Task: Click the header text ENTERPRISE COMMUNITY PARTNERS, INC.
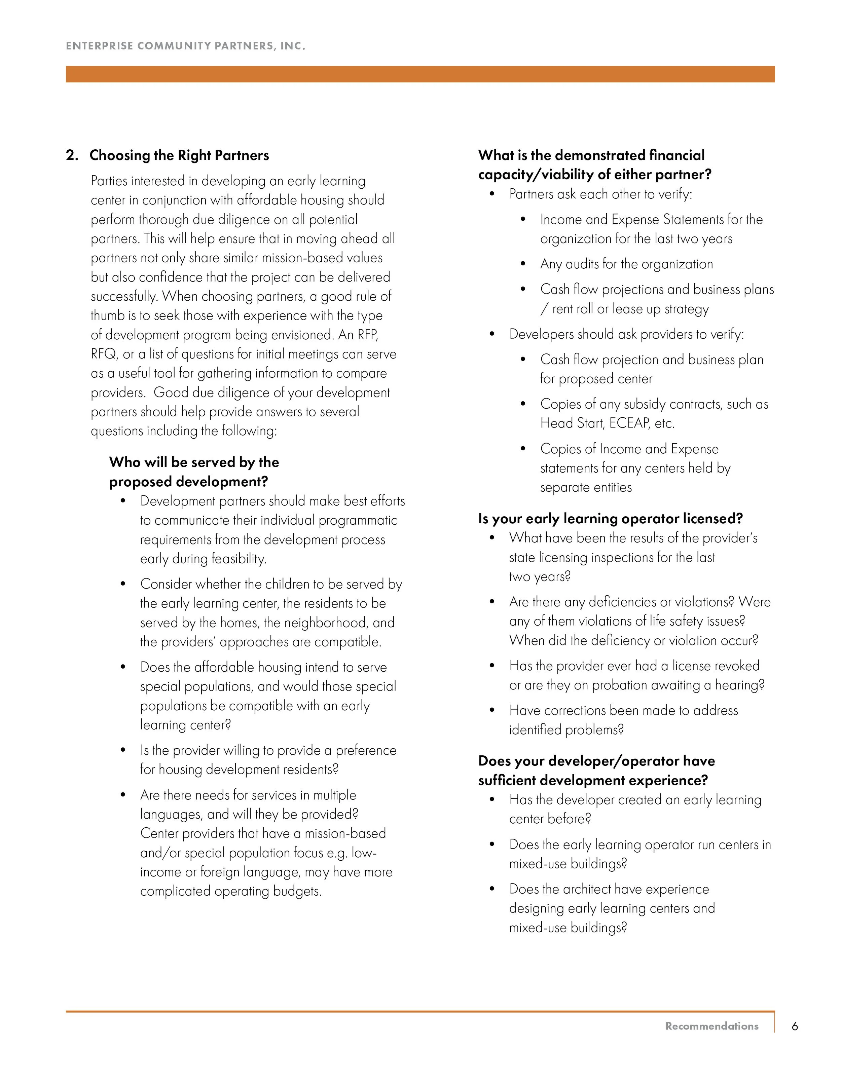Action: (x=185, y=46)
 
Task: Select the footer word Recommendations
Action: (x=711, y=1026)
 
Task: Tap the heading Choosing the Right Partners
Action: (x=179, y=155)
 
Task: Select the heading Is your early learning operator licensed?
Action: (x=610, y=519)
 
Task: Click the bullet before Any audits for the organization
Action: (x=523, y=264)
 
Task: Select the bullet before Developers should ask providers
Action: (x=492, y=334)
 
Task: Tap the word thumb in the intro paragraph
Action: (x=107, y=316)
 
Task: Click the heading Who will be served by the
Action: (x=194, y=462)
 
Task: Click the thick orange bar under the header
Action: (x=420, y=74)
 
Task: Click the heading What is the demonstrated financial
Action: (x=591, y=155)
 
